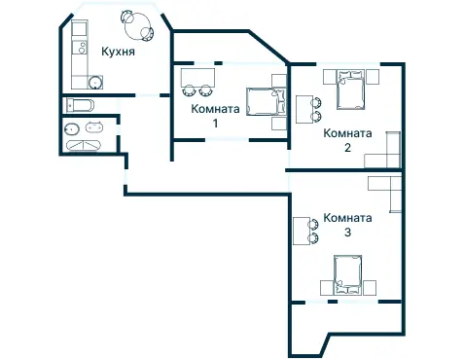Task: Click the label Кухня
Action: pyautogui.click(x=118, y=52)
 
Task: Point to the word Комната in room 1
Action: pyautogui.click(x=216, y=110)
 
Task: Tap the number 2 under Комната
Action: pyautogui.click(x=347, y=149)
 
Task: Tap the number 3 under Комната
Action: pyautogui.click(x=347, y=233)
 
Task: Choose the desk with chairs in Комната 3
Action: pyautogui.click(x=302, y=232)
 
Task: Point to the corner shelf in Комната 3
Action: pyautogui.click(x=387, y=193)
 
